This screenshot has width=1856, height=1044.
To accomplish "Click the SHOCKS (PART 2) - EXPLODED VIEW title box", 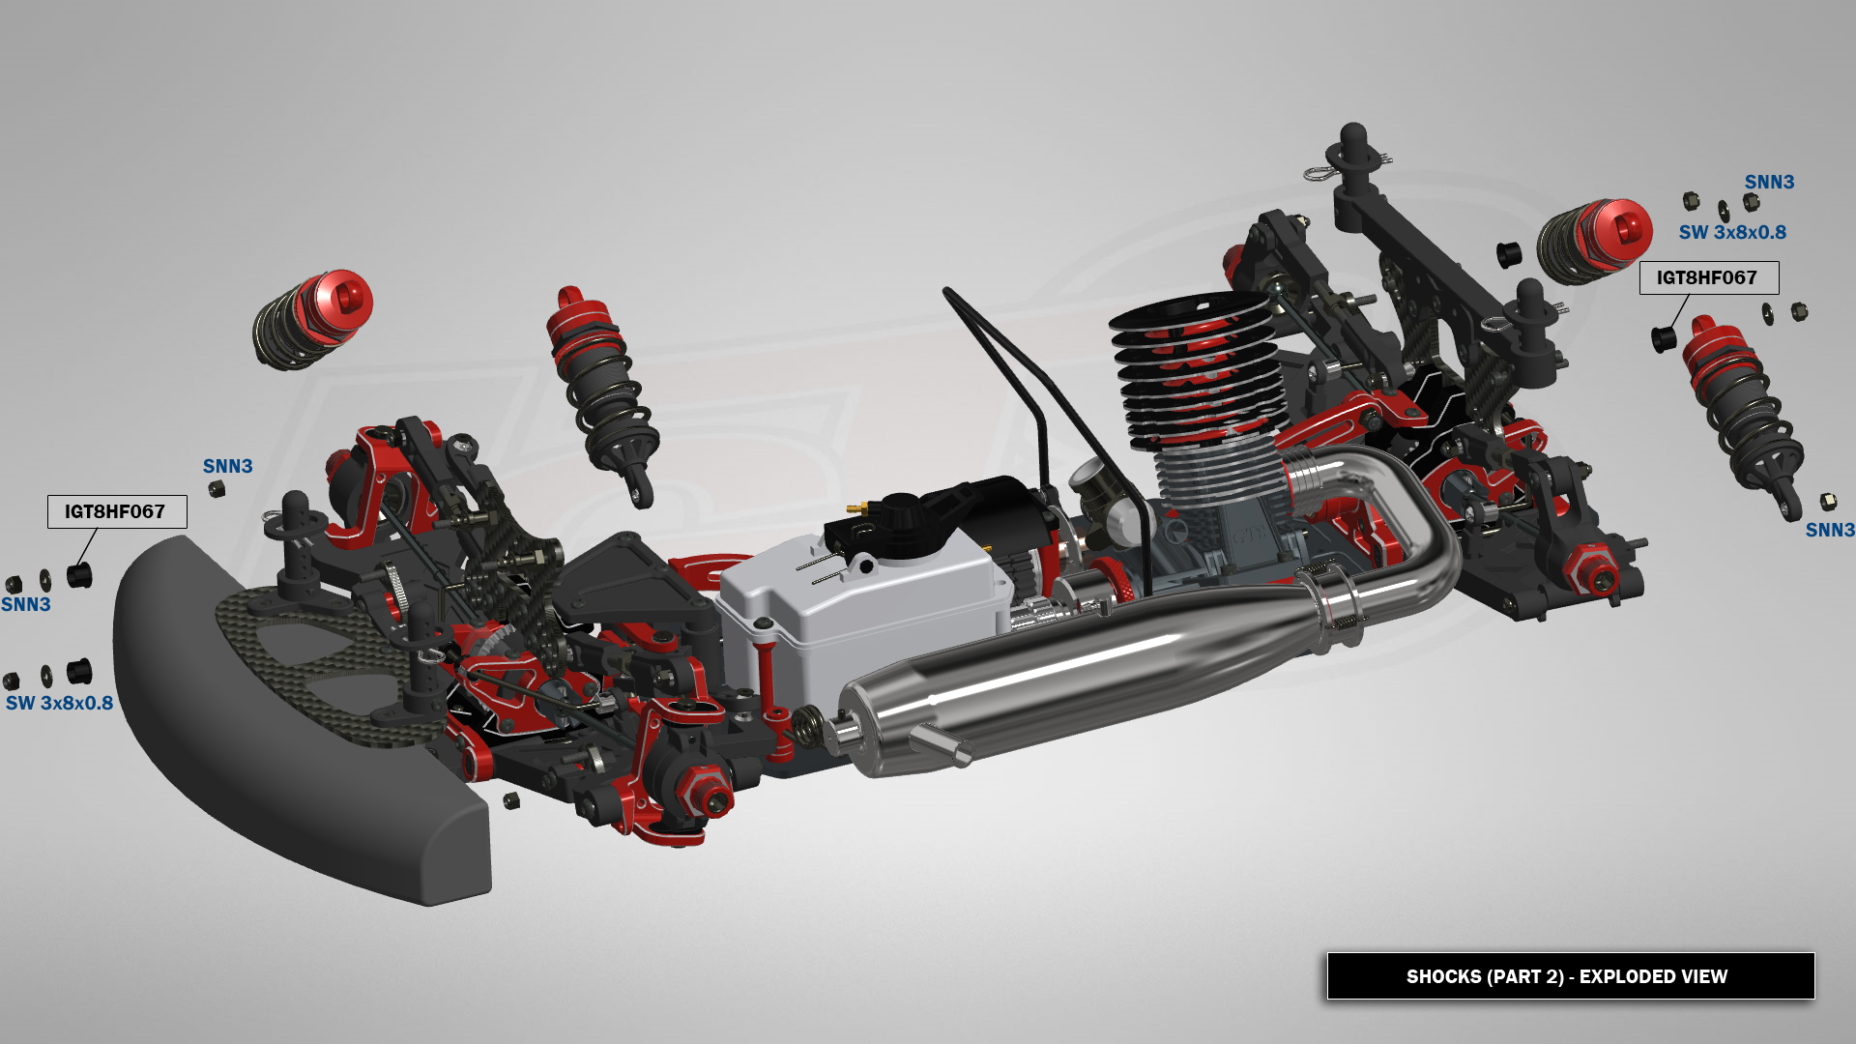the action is click(1571, 976).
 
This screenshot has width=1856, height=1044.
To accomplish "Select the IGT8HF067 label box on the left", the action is click(117, 511).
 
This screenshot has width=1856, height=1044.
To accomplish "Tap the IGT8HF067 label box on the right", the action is click(1709, 277).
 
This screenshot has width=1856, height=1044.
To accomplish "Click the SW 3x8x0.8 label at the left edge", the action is click(60, 703).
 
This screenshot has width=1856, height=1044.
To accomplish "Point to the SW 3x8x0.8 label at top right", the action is click(1732, 232).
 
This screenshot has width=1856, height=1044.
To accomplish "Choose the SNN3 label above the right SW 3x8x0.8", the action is click(1769, 182).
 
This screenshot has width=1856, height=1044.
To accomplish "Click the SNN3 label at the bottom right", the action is click(1830, 530).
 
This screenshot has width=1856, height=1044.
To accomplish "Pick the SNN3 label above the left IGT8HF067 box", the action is click(227, 466).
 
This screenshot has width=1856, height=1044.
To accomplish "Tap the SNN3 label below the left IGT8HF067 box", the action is click(26, 604).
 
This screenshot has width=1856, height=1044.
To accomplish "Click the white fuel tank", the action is click(860, 619).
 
